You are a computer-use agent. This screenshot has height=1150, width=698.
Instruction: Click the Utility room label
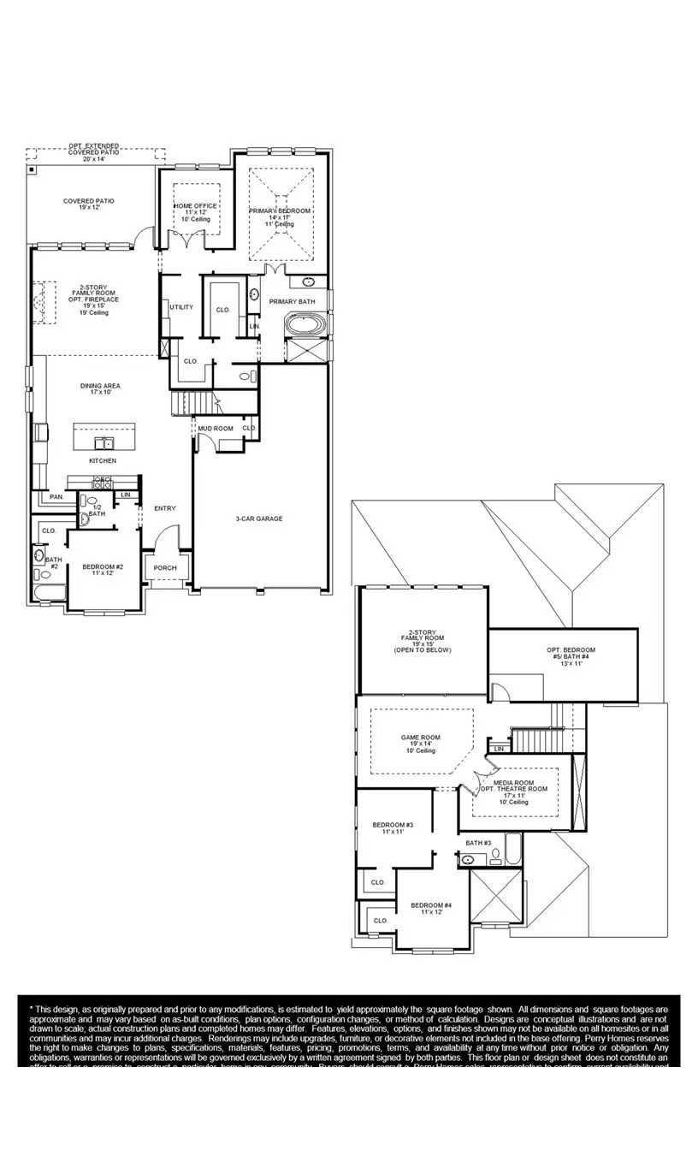point(181,306)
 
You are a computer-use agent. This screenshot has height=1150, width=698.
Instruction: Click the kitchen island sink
point(105,442)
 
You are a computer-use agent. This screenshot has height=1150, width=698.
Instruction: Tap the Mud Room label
point(216,428)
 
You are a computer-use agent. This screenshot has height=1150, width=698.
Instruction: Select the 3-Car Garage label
point(258,519)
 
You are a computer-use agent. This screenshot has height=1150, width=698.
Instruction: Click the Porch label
point(165,568)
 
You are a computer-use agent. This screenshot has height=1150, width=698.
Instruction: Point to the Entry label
point(164,508)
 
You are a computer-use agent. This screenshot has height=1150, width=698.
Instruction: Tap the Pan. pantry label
point(56,496)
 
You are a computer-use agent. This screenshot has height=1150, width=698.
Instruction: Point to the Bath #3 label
point(478,843)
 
